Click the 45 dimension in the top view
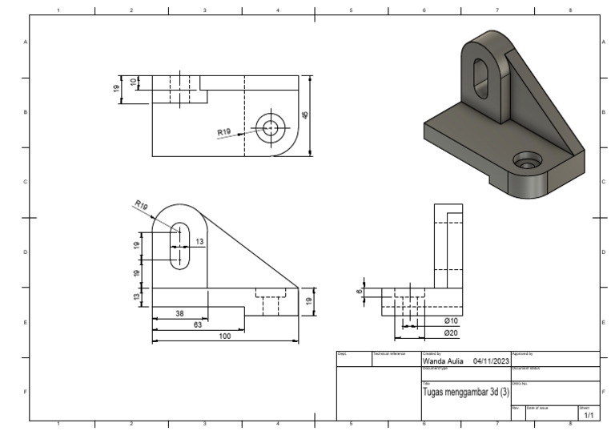(305, 115)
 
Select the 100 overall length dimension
(225, 336)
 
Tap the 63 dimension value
(197, 324)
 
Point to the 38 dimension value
(179, 313)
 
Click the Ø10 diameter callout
(451, 320)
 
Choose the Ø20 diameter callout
(451, 332)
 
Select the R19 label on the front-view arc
(141, 206)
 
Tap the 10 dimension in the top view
(135, 82)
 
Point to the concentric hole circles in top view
(271, 127)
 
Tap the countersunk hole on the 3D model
(527, 161)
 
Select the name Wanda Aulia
(442, 361)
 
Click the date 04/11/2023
(492, 361)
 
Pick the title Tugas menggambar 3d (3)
(465, 392)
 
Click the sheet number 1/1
(589, 415)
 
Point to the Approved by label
(522, 353)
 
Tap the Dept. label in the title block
(341, 353)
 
